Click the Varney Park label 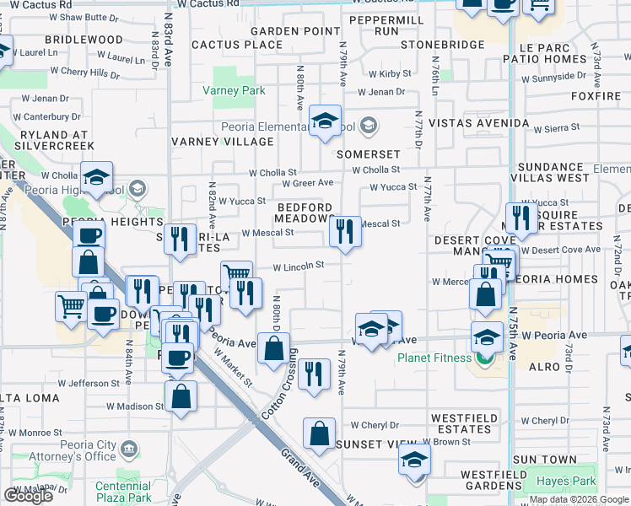234,91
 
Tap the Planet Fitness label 434,358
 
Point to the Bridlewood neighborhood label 84,40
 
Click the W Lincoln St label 298,266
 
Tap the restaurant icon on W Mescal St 344,231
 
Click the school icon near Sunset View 415,461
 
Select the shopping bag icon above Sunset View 321,434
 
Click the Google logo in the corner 28,496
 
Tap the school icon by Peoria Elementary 324,121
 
